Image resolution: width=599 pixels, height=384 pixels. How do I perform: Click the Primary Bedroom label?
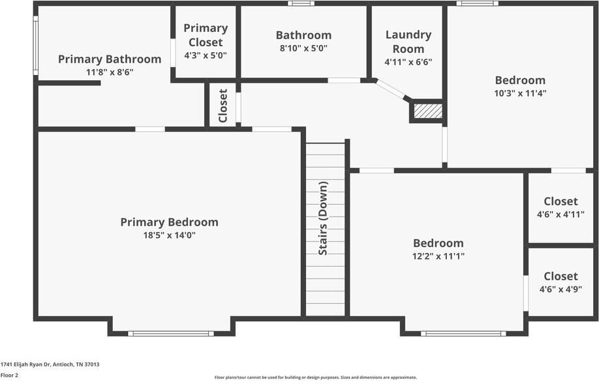click(169, 222)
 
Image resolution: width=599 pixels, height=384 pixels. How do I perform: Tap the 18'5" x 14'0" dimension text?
click(169, 235)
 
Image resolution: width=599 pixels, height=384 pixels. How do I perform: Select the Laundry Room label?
click(408, 42)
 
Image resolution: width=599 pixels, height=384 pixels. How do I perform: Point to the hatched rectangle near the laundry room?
click(428, 111)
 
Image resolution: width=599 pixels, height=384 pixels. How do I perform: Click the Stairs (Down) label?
click(323, 218)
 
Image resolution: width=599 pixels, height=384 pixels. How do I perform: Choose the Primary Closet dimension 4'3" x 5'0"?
click(206, 55)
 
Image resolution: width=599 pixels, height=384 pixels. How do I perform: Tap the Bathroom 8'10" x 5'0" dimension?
click(303, 48)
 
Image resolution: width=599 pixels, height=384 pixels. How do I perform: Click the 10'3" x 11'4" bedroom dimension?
click(520, 93)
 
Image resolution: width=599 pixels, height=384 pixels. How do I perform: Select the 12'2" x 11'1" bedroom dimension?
click(438, 256)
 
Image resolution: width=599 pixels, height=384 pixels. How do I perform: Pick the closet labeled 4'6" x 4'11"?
click(561, 214)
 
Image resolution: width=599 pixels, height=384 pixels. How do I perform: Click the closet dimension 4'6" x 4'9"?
click(561, 289)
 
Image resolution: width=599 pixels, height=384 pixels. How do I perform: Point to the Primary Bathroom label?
click(110, 59)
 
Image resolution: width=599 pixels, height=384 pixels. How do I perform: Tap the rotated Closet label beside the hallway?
click(223, 106)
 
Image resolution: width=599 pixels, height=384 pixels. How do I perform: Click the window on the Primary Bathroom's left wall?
click(35, 46)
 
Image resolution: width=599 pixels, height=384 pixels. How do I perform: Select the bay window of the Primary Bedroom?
click(171, 334)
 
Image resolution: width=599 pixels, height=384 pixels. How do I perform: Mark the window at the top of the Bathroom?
click(301, 3)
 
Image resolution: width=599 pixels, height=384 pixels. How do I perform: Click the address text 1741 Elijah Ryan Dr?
click(25, 364)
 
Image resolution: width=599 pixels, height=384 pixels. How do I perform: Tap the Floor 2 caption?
click(9, 376)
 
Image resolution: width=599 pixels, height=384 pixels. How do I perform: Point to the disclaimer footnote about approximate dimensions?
click(316, 377)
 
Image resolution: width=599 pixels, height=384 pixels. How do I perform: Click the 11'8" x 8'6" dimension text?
click(110, 72)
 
